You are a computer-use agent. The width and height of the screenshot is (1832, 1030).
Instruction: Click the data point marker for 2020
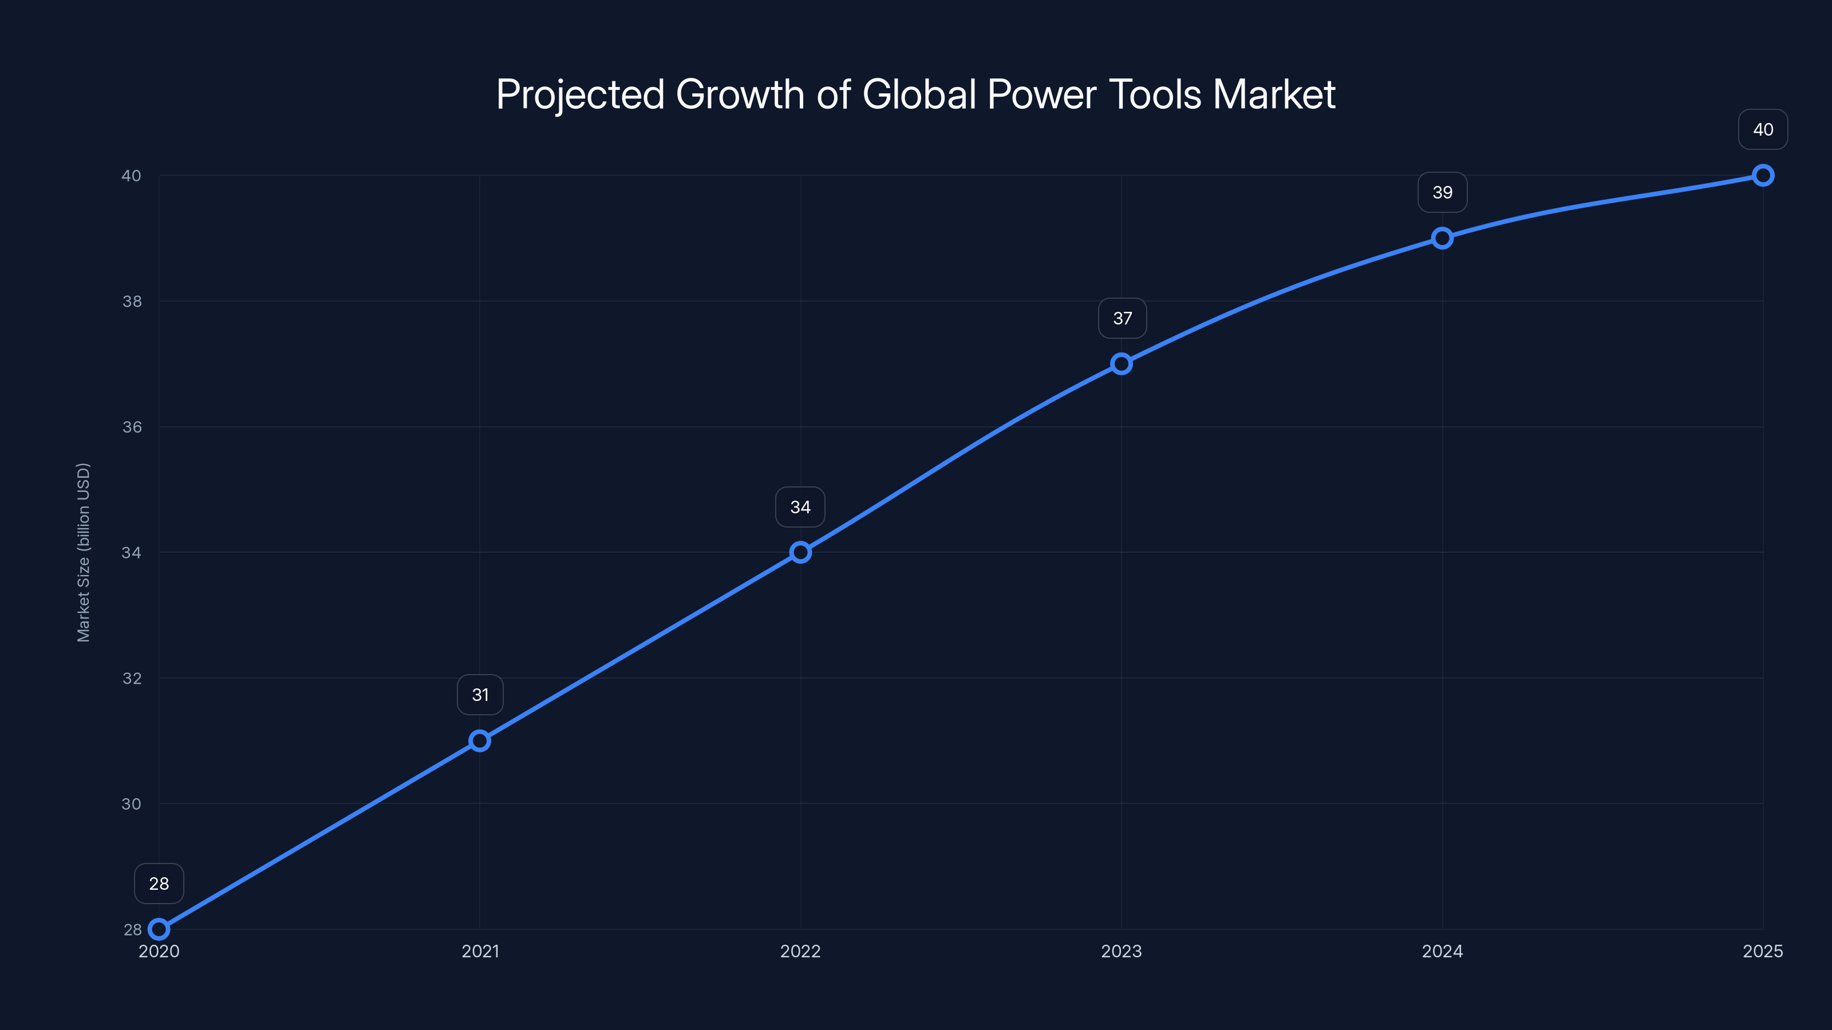pos(159,929)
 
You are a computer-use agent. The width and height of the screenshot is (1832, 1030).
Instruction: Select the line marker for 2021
pos(480,740)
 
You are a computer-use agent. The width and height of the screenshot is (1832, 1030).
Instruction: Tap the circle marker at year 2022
pos(801,552)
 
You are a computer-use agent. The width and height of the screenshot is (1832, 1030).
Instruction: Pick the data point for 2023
pos(1122,364)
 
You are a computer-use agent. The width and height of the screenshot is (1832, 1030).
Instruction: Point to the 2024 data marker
pos(1442,238)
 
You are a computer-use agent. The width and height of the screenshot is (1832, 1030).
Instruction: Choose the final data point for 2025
pos(1763,176)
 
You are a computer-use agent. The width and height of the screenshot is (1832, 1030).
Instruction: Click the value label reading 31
pos(480,695)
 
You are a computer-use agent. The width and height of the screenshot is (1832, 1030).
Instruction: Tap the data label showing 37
pos(1122,319)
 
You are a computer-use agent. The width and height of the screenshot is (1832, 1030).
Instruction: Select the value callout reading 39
pos(1442,193)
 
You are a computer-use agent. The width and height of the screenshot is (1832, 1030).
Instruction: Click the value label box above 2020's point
pos(159,884)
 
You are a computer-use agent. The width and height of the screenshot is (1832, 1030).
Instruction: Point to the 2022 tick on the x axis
pos(801,951)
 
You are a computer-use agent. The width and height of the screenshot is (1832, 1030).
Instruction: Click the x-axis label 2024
pos(1442,951)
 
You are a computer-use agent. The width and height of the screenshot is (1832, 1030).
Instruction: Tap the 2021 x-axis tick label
pos(480,951)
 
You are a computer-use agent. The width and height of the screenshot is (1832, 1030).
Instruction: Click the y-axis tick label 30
pos(132,804)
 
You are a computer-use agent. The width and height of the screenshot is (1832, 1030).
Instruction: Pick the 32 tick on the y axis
pos(132,678)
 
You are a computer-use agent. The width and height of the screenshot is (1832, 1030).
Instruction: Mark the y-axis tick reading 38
pos(132,302)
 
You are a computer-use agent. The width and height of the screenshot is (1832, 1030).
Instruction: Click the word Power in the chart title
pos(1042,94)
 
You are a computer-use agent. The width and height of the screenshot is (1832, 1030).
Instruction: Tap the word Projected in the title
pos(579,94)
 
